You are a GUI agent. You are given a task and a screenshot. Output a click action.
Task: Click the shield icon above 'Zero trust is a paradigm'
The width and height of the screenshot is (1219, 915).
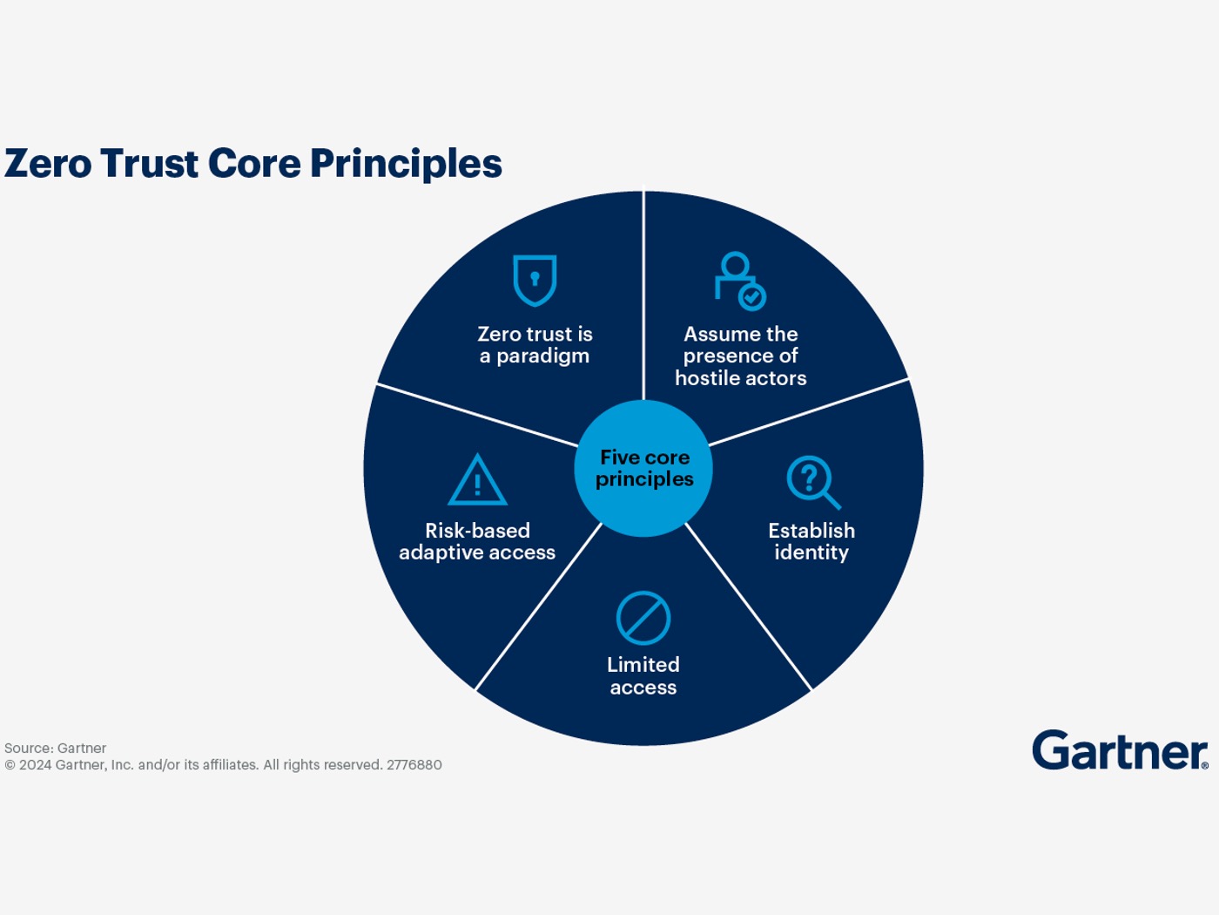[535, 280]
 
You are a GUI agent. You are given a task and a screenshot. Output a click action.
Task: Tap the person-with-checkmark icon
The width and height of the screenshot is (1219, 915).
[739, 281]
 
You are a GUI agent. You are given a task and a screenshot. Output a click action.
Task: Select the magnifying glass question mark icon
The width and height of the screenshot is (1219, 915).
[812, 482]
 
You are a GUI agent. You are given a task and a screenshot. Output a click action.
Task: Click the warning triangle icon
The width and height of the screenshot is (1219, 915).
[477, 481]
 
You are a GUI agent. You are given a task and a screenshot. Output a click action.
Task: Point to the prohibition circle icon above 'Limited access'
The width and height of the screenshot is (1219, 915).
[643, 619]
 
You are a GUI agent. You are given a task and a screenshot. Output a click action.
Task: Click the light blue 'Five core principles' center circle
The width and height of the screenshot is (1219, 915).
[643, 468]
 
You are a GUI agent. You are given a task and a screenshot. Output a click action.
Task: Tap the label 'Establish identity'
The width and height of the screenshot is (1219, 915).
[812, 541]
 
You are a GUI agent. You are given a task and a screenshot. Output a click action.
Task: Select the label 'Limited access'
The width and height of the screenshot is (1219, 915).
[643, 675]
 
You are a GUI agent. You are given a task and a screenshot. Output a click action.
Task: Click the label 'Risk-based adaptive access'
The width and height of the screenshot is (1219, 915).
[477, 541]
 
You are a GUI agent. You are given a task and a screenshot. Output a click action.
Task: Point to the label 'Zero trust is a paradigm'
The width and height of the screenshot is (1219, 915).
[535, 345]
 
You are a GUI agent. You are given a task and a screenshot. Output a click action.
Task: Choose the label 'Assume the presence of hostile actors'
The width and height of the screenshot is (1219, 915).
[740, 356]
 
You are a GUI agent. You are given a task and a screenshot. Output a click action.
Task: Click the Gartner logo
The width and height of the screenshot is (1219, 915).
[1120, 750]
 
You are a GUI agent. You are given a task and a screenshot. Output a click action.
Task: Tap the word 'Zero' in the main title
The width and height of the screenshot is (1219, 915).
[48, 164]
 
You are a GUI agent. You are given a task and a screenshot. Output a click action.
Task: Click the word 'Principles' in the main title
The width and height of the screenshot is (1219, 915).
[406, 164]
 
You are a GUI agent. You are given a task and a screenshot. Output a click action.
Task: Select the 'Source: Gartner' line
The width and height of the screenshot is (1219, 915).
[55, 749]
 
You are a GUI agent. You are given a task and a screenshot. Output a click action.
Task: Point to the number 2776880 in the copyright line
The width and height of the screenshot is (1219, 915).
[414, 765]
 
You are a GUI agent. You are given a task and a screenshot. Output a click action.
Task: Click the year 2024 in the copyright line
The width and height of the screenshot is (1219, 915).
[35, 765]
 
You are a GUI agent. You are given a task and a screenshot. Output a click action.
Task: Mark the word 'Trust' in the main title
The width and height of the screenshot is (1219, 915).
[149, 164]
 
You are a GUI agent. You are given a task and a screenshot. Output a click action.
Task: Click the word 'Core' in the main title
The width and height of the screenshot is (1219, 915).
[254, 164]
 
